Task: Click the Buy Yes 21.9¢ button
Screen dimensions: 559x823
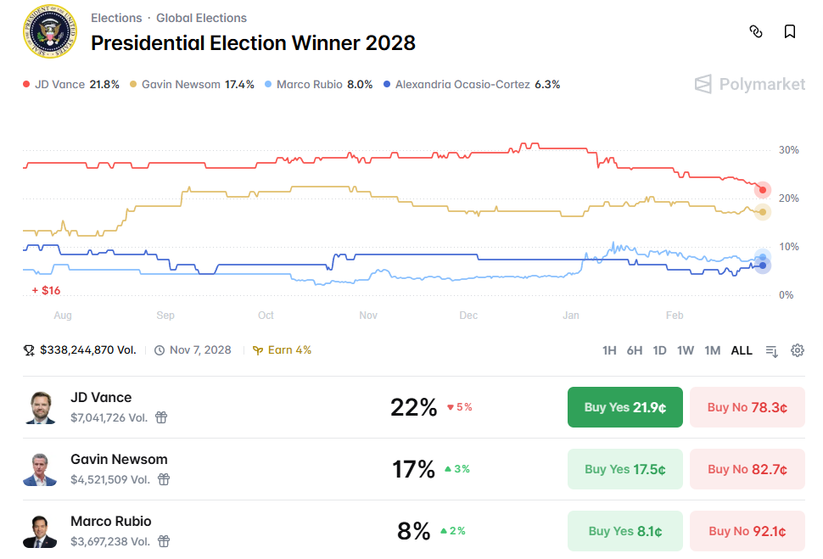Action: [x=624, y=407]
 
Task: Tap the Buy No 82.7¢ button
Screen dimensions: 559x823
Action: [x=747, y=469]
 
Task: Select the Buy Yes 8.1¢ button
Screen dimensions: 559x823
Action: [x=624, y=531]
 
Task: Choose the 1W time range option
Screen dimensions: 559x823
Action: [x=686, y=350]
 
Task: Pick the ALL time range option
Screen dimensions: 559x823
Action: [x=742, y=350]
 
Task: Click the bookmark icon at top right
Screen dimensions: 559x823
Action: [x=790, y=32]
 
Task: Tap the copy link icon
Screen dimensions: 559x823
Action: [x=756, y=32]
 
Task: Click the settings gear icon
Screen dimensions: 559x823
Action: [x=798, y=350]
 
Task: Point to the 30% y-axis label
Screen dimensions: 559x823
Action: [x=789, y=150]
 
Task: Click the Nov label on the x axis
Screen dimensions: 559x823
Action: [x=368, y=316]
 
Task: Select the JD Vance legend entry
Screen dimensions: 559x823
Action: [x=71, y=84]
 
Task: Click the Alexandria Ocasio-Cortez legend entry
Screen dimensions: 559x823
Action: [x=472, y=84]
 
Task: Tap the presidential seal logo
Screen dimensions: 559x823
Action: [x=48, y=33]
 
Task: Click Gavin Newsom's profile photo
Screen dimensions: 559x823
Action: [x=40, y=469]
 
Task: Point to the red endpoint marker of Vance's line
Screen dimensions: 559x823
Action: [x=763, y=189]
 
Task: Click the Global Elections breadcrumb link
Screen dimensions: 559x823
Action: [x=201, y=18]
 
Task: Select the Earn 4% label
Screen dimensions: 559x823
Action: [x=283, y=349]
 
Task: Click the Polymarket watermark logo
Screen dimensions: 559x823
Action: [x=750, y=83]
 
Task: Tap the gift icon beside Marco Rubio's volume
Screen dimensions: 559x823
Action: [x=164, y=541]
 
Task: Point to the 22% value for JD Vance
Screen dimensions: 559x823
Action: [x=413, y=407]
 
